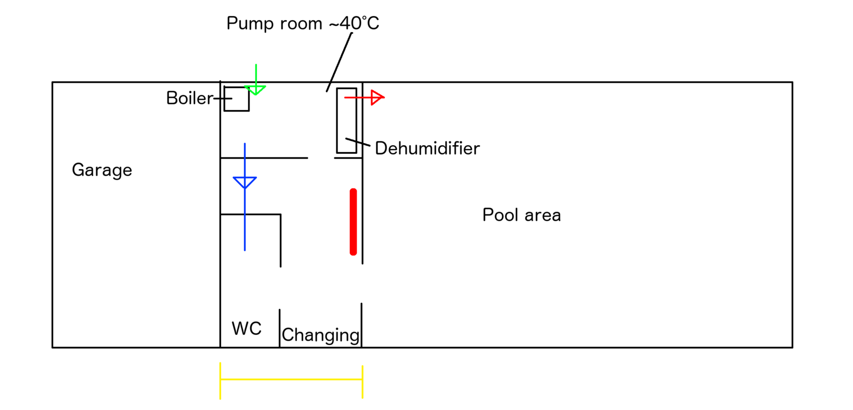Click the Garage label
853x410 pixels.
[102, 170]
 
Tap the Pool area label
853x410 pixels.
[521, 215]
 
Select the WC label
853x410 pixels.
[246, 328]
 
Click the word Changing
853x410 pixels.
[320, 335]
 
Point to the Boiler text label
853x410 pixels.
[189, 98]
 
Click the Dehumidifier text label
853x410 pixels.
[427, 148]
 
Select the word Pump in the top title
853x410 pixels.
[248, 24]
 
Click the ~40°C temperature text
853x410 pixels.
[354, 23]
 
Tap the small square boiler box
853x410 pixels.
[236, 99]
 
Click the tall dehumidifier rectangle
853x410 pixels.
[347, 121]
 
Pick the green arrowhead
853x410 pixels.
[255, 89]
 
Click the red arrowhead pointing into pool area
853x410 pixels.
[377, 97]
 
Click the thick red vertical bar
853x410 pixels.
[353, 222]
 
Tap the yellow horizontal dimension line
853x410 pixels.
[291, 380]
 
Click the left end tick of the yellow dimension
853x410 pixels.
[220, 380]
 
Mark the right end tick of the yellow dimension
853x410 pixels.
[363, 381]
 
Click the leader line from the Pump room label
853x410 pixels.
[340, 61]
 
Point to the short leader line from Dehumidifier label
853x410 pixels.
[358, 142]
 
